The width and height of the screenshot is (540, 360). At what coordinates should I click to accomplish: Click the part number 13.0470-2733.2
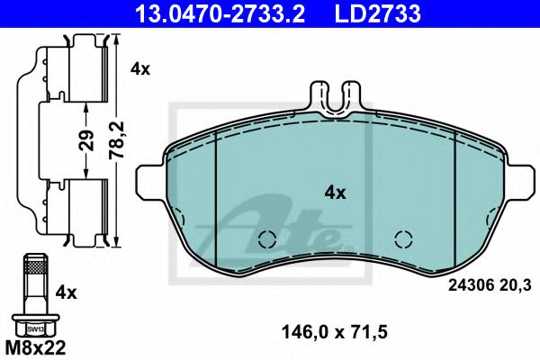220,13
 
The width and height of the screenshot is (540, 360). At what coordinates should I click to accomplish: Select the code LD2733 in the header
378,13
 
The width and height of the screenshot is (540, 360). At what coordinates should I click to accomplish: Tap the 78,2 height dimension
116,140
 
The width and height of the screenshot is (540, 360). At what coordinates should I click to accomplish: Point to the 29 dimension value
86,140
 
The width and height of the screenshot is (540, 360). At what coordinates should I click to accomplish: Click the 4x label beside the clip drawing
140,69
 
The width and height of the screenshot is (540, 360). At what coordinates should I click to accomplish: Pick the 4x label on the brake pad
335,193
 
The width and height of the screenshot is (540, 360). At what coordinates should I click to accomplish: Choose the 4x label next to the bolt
66,293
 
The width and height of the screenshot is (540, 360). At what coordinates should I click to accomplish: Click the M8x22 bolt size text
36,348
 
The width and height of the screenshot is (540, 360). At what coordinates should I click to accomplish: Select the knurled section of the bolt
36,266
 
